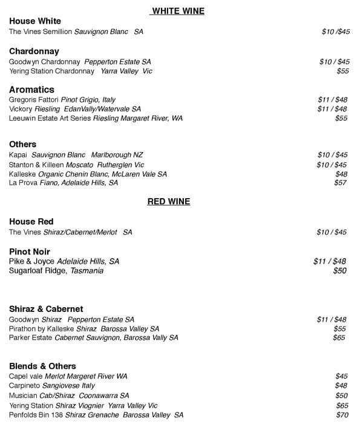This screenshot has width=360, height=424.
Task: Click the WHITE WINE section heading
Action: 178,11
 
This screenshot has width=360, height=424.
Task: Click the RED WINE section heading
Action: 169,202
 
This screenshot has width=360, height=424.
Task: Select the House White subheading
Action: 35,21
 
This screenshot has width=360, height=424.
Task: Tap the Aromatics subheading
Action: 31,90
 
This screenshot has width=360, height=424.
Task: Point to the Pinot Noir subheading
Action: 30,251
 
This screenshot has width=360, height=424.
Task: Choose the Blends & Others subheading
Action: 42,366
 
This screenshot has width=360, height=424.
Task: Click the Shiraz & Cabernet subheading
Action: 46,309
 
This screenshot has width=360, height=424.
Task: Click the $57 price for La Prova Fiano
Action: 341,183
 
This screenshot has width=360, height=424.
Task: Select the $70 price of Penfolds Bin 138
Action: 342,415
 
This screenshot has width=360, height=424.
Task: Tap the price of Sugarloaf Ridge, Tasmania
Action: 340,271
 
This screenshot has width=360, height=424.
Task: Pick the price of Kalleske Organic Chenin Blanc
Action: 341,174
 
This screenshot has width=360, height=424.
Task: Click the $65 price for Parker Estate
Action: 339,338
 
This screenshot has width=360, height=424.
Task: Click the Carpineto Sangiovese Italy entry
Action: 52,386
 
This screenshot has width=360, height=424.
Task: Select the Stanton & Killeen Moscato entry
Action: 76,165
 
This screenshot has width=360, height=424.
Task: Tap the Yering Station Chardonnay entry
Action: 80,71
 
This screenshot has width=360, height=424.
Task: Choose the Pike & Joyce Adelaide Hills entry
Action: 64,261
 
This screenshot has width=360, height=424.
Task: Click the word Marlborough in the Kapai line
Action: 113,155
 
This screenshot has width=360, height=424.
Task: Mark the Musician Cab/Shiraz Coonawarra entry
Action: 69,396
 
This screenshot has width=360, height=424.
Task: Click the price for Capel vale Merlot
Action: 341,376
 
